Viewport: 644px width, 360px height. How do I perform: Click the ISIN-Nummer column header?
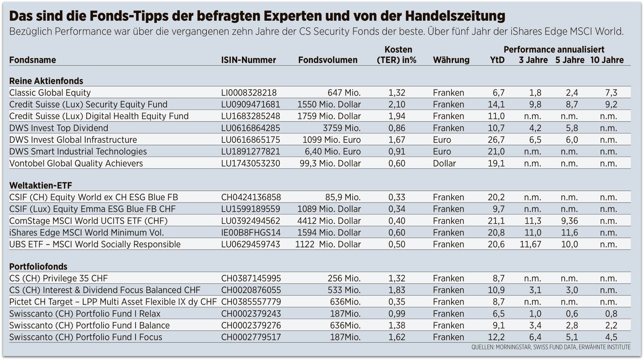pyautogui.click(x=249, y=60)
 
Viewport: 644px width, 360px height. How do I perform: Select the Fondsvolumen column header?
pyautogui.click(x=327, y=60)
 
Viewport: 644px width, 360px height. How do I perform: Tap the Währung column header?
pyautogui.click(x=451, y=60)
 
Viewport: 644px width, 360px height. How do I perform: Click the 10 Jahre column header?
pyautogui.click(x=607, y=60)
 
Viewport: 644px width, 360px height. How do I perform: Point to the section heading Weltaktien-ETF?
pyautogui.click(x=41, y=185)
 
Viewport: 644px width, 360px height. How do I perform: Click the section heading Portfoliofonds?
pyautogui.click(x=38, y=267)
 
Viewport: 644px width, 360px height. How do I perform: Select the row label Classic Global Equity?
pyautogui.click(x=50, y=93)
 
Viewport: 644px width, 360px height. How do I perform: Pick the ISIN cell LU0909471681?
pyautogui.click(x=250, y=105)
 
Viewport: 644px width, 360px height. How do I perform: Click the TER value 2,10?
pyautogui.click(x=397, y=105)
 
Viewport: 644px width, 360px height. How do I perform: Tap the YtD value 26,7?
pyautogui.click(x=496, y=140)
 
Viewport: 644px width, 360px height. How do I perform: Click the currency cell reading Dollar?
pyautogui.click(x=444, y=164)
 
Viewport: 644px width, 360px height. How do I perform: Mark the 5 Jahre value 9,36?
pyautogui.click(x=569, y=221)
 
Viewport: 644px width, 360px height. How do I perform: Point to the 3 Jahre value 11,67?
pyautogui.click(x=530, y=244)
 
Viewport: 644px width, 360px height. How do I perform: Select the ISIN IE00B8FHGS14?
pyautogui.click(x=250, y=233)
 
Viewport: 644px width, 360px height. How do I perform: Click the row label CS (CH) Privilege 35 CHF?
pyautogui.click(x=58, y=279)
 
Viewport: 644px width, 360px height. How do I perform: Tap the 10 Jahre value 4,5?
pyautogui.click(x=611, y=337)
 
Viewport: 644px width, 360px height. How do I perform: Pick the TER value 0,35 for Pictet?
pyautogui.click(x=397, y=302)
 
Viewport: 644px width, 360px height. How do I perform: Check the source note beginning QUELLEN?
pyautogui.click(x=550, y=347)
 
